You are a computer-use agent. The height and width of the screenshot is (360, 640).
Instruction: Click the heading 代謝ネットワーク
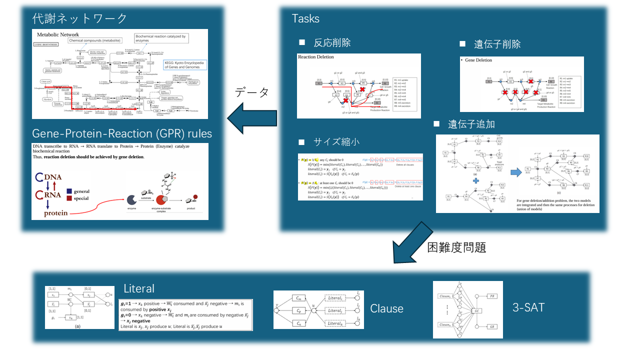(x=79, y=19)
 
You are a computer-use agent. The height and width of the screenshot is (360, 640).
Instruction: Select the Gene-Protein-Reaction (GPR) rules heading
(x=122, y=133)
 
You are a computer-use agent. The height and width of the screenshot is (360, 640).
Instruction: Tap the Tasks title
(x=305, y=19)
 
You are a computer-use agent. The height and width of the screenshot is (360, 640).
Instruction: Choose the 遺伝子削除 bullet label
(x=497, y=44)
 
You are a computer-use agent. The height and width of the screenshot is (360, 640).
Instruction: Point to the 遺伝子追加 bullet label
(x=471, y=124)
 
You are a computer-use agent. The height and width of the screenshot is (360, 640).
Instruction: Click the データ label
(x=252, y=92)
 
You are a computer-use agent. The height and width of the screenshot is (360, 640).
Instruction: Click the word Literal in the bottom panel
(x=139, y=288)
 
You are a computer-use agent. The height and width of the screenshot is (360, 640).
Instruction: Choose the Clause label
(x=386, y=308)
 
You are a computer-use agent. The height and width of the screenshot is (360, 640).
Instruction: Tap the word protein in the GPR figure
(x=55, y=213)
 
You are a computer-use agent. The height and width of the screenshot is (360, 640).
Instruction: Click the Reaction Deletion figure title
(x=315, y=57)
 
